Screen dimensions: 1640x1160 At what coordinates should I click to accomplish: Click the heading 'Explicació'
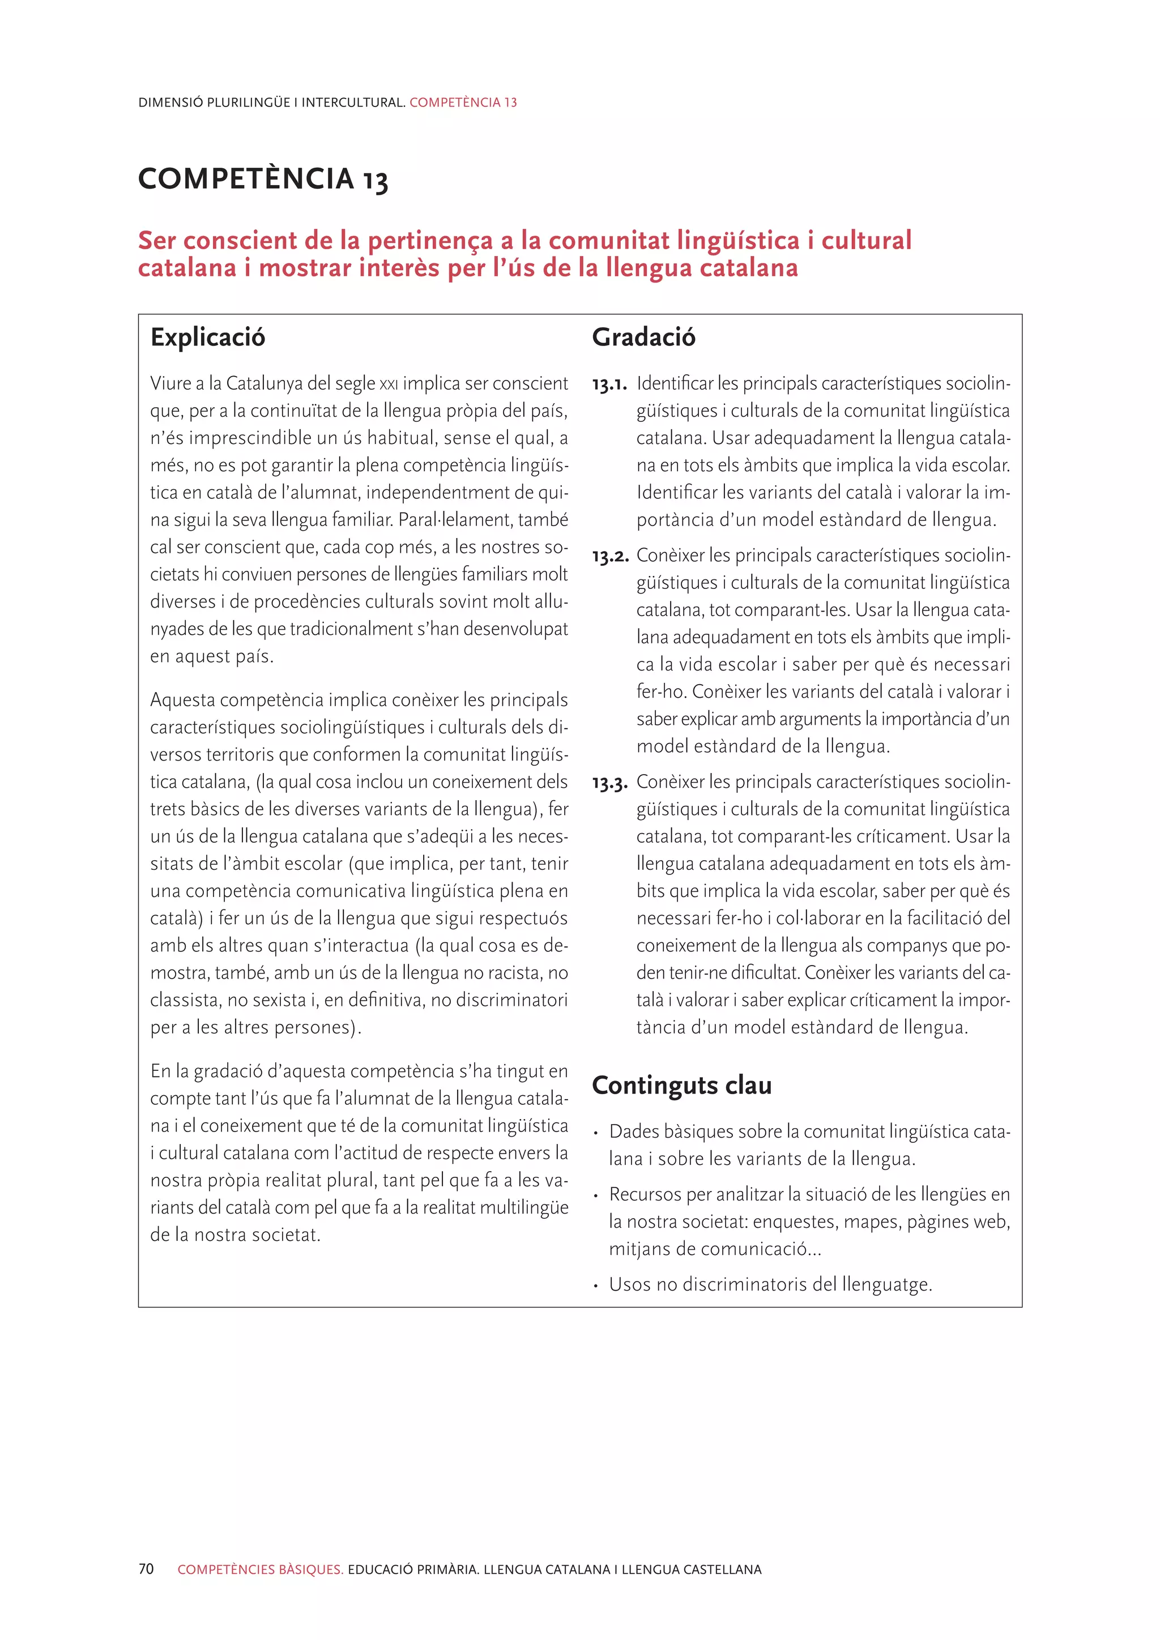click(x=207, y=337)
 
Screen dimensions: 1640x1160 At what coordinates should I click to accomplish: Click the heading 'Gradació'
click(x=643, y=337)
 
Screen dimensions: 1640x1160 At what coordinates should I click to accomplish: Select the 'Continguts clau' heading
click(x=681, y=1085)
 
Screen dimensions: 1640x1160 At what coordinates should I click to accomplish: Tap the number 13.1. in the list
click(x=609, y=386)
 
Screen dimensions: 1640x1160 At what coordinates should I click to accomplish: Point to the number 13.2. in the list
click(x=610, y=557)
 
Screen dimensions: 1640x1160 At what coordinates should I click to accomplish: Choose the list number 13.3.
click(x=610, y=784)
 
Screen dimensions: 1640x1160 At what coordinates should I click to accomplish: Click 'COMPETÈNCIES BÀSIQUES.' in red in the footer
click(x=261, y=1570)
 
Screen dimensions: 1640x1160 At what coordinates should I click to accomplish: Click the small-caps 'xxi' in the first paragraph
click(x=389, y=385)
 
